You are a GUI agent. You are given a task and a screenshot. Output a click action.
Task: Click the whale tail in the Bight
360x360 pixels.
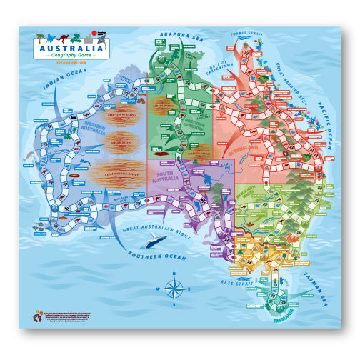tap(162, 241)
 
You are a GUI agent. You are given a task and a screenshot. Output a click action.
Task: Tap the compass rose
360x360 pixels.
tap(173, 288)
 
